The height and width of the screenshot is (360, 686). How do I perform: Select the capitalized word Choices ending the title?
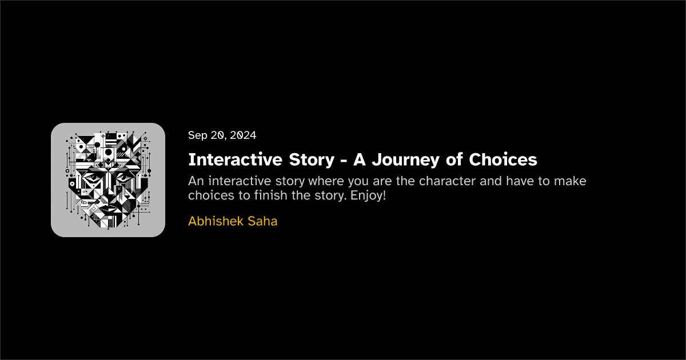pos(503,159)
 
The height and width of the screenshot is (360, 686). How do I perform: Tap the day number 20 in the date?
pos(219,135)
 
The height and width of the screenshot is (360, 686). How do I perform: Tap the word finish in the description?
pos(271,195)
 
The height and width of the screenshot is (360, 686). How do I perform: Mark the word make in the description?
pos(572,181)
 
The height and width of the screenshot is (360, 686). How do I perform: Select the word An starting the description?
pos(196,181)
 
